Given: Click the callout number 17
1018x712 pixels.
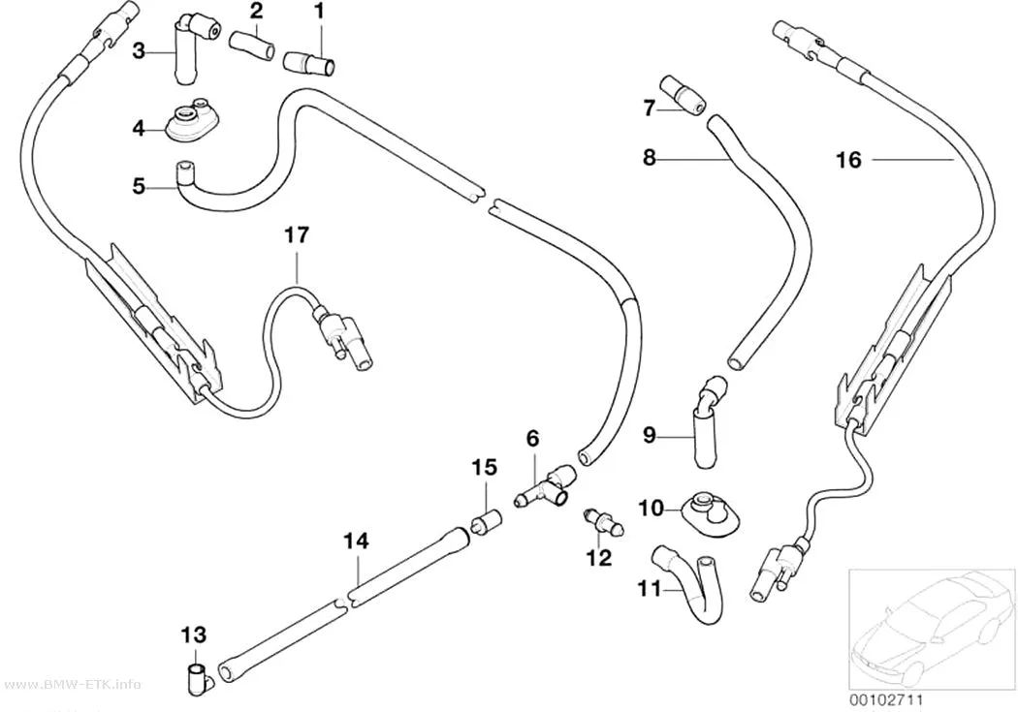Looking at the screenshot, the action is click(297, 234).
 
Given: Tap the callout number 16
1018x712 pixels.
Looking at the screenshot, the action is click(848, 160).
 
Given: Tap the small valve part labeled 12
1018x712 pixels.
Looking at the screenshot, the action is click(603, 519).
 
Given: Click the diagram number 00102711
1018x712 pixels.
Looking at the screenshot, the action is click(885, 699).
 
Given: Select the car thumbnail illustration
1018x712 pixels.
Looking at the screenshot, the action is click(933, 628).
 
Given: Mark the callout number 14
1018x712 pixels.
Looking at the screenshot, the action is click(356, 541).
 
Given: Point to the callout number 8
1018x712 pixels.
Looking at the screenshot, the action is click(650, 158).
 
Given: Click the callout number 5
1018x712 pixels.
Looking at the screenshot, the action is click(139, 187).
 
